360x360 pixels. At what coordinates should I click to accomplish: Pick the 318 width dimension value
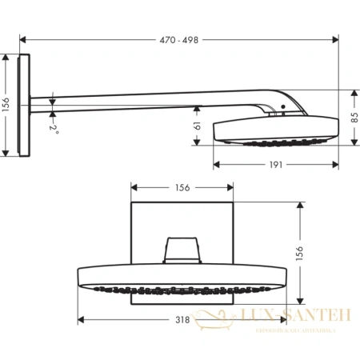pyautogui.click(x=182, y=320)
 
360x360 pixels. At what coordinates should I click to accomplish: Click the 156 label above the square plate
pyautogui.click(x=182, y=188)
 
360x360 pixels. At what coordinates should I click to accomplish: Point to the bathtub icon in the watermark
pyautogui.click(x=210, y=321)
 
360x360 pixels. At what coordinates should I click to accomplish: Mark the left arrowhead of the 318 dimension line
pyautogui.click(x=82, y=320)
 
